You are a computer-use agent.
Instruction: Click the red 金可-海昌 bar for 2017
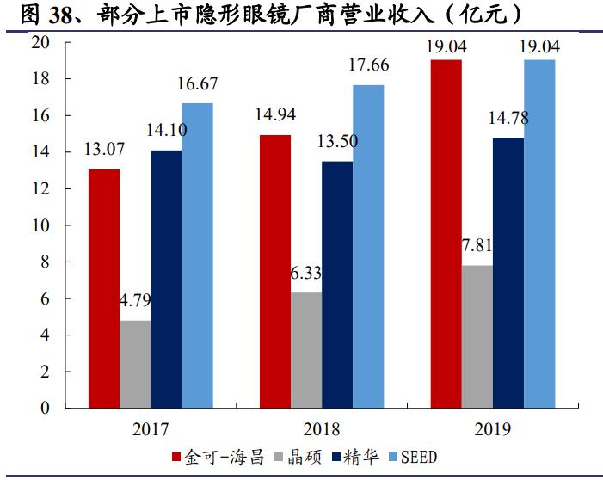(103, 288)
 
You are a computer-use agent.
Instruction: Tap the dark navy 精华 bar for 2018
(336, 285)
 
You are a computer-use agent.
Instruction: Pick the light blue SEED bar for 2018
(368, 246)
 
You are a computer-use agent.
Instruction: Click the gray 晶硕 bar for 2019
(477, 336)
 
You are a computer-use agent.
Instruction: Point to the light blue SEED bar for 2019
(539, 234)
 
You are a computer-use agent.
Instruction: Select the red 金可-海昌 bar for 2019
(446, 234)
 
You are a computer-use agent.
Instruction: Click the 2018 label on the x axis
(322, 428)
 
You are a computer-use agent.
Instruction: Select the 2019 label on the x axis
(493, 428)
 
